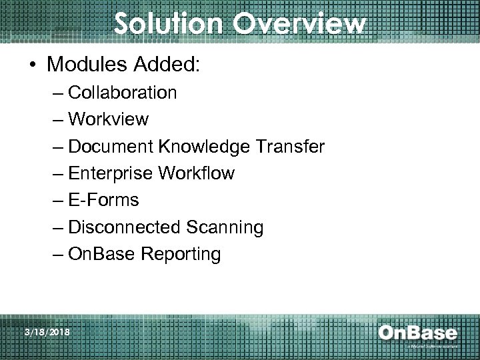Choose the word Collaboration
(122, 93)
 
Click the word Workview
(109, 119)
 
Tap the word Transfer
(292, 147)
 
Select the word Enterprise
(110, 174)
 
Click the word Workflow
(196, 173)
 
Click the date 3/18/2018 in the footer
(45, 331)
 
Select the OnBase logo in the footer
(417, 333)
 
